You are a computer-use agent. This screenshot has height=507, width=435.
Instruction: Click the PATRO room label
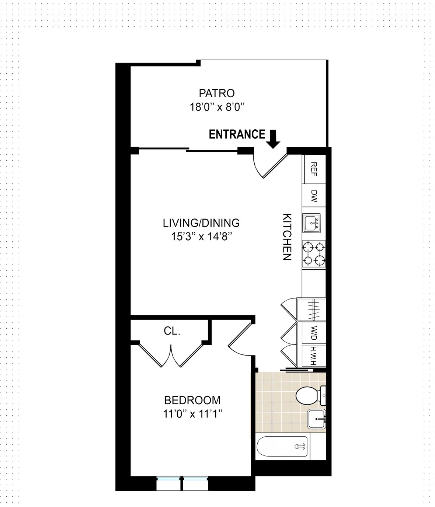pyautogui.click(x=217, y=93)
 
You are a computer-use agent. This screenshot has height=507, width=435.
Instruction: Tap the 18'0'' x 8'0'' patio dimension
pyautogui.click(x=217, y=107)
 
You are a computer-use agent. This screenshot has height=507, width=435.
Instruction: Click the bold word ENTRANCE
pyautogui.click(x=237, y=134)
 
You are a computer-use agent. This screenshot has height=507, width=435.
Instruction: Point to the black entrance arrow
pyautogui.click(x=273, y=139)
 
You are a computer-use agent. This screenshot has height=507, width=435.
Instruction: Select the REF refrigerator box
pyautogui.click(x=314, y=169)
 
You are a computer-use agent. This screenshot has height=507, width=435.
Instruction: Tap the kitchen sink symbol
pyautogui.click(x=312, y=223)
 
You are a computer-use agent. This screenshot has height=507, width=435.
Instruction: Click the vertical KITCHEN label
pyautogui.click(x=287, y=237)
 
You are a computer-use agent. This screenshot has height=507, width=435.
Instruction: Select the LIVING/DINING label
pyautogui.click(x=201, y=223)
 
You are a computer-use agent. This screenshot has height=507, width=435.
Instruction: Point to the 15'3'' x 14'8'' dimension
pyautogui.click(x=201, y=237)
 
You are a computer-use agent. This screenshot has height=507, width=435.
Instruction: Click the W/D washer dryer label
pyautogui.click(x=314, y=333)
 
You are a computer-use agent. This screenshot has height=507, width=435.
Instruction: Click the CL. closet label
pyautogui.click(x=172, y=331)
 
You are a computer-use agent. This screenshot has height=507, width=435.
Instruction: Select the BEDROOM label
pyautogui.click(x=192, y=400)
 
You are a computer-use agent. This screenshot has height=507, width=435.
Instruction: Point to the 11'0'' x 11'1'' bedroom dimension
pyautogui.click(x=193, y=414)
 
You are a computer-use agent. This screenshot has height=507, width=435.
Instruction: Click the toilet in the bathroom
pyautogui.click(x=311, y=395)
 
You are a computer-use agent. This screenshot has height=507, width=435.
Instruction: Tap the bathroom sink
pyautogui.click(x=317, y=419)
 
